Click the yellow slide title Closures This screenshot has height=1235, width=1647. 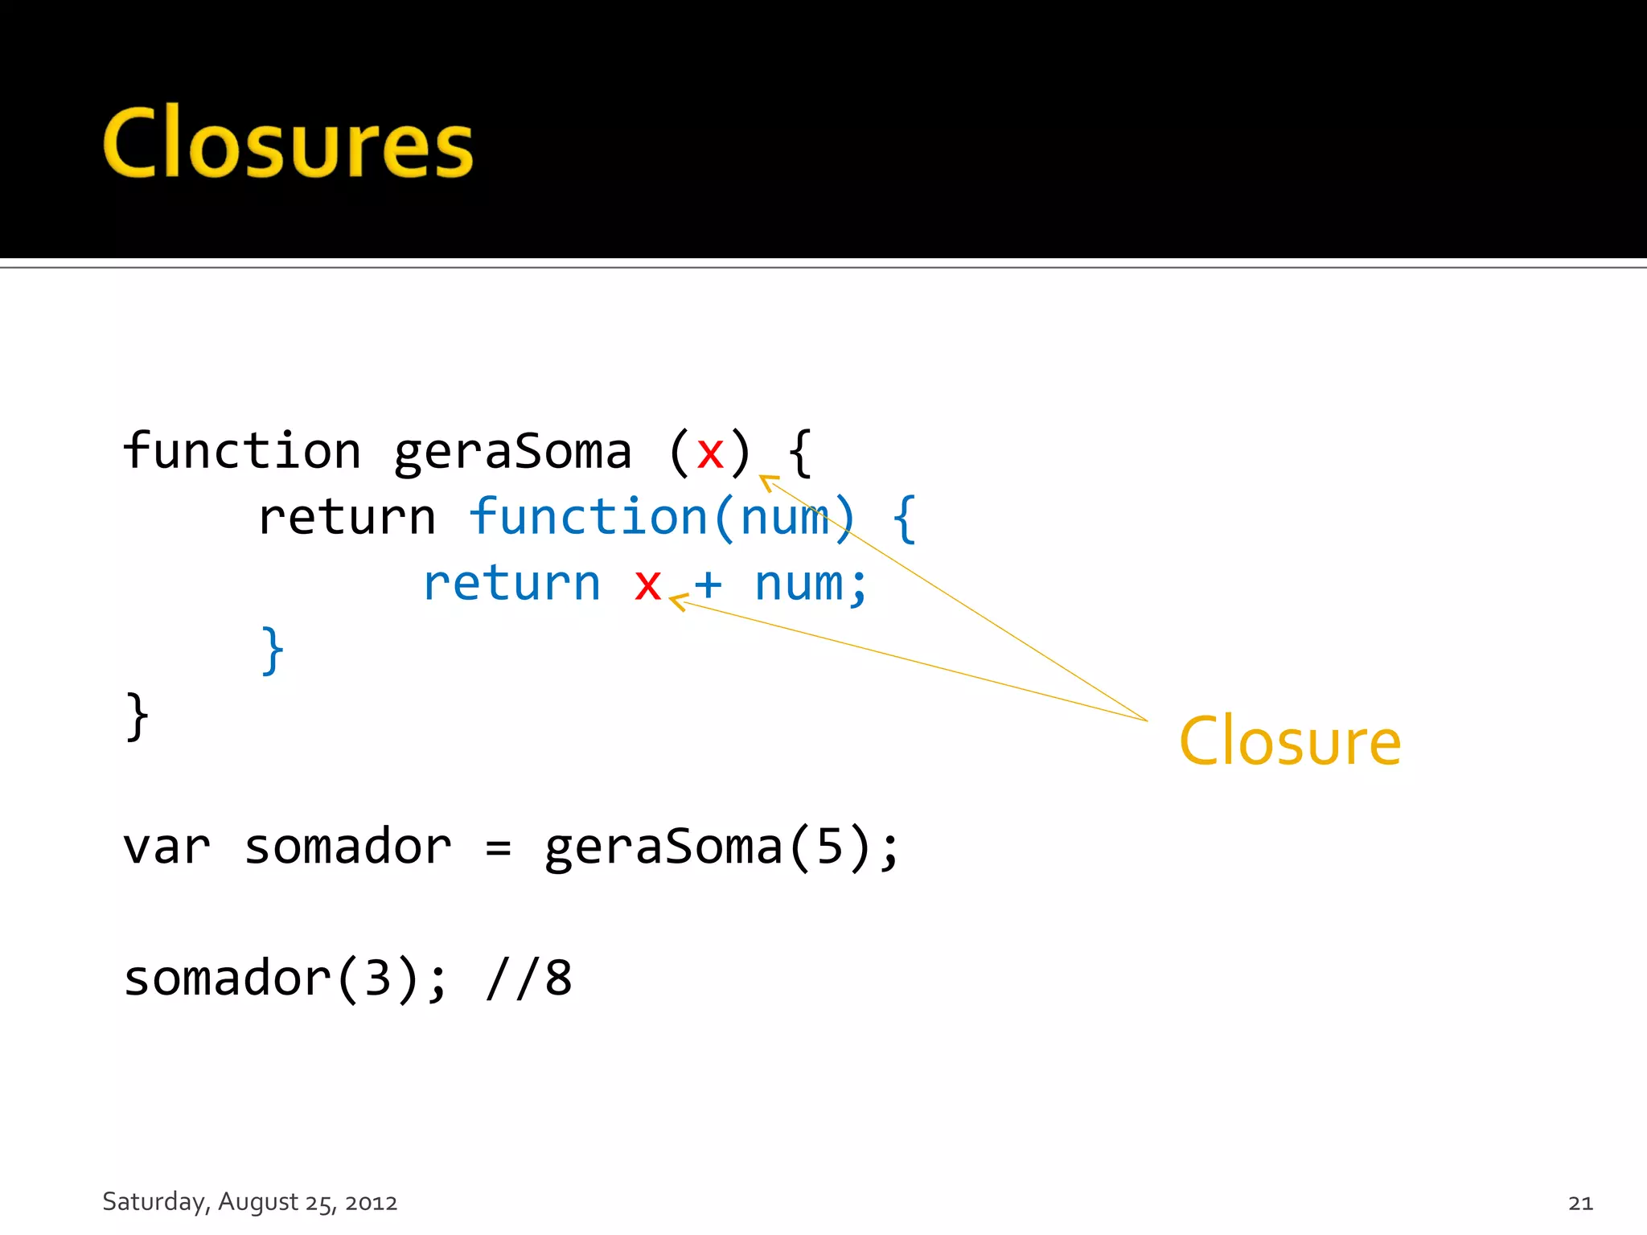click(x=288, y=143)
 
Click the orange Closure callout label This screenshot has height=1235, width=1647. click(x=1290, y=741)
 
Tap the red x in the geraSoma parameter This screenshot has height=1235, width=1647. click(x=710, y=453)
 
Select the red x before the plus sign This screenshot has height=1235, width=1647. click(x=647, y=585)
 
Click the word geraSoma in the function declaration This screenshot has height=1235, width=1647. click(x=512, y=452)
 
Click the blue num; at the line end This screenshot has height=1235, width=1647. click(x=811, y=585)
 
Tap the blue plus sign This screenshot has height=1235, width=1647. click(x=708, y=585)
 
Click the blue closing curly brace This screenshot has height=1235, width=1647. click(x=273, y=650)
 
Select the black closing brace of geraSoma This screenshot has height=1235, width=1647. click(x=138, y=716)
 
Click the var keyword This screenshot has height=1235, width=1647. click(x=166, y=847)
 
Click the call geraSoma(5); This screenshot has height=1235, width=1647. click(x=721, y=847)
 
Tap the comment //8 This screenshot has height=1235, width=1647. click(x=529, y=979)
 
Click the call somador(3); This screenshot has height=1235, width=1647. click(x=285, y=979)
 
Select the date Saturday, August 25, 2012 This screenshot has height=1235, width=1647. click(x=250, y=1202)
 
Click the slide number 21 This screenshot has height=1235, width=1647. click(x=1580, y=1203)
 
